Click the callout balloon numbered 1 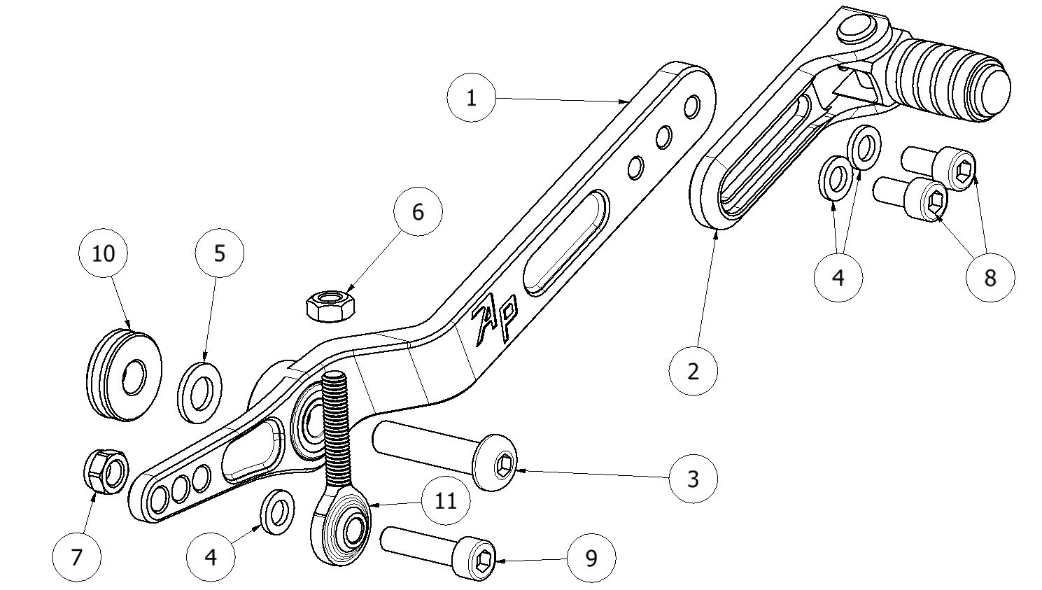click(471, 98)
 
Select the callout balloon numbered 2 click(693, 370)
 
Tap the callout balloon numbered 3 click(693, 479)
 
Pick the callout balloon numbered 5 click(220, 253)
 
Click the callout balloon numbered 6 click(418, 211)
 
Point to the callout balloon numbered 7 click(77, 557)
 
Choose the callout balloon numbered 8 click(990, 278)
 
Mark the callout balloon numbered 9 click(591, 558)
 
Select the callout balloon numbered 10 click(103, 253)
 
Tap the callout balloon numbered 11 click(446, 500)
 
